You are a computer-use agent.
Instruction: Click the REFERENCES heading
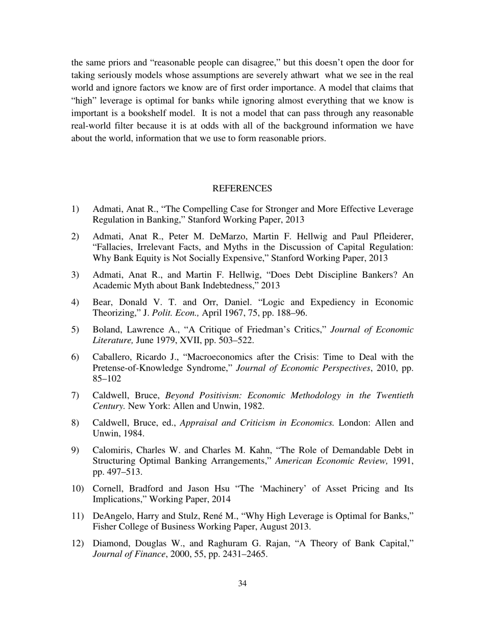coord(242,188)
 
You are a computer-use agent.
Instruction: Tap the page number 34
coord(243,584)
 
